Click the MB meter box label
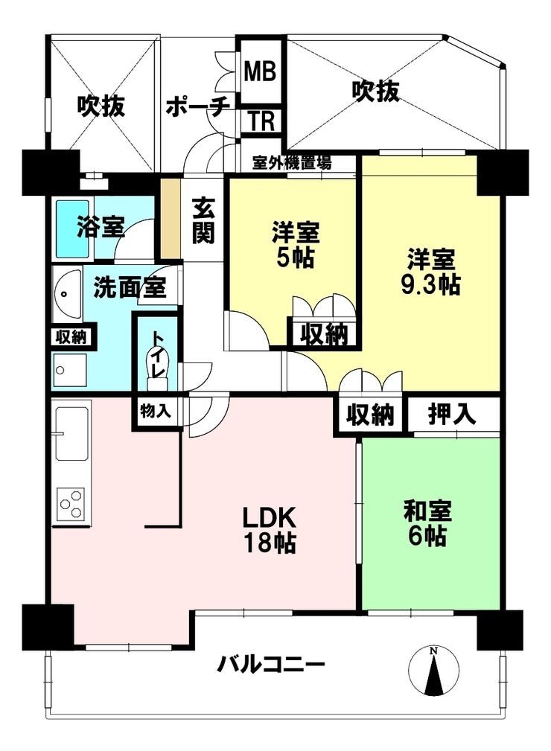pos(261,71)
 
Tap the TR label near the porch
pos(261,121)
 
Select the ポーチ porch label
pos(198,106)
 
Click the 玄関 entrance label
pos(203,220)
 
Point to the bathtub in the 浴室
pos(72,229)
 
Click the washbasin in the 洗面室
pos(66,293)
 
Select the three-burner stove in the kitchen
pos(71,505)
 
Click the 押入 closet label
pos(452,415)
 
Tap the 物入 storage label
pos(155,410)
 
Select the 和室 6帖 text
pos(427,523)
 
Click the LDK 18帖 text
pos(270,531)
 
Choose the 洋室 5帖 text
pos(295,244)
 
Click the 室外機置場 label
pos(292,163)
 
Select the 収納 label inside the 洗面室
pos(71,336)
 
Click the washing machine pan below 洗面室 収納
pos(70,370)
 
